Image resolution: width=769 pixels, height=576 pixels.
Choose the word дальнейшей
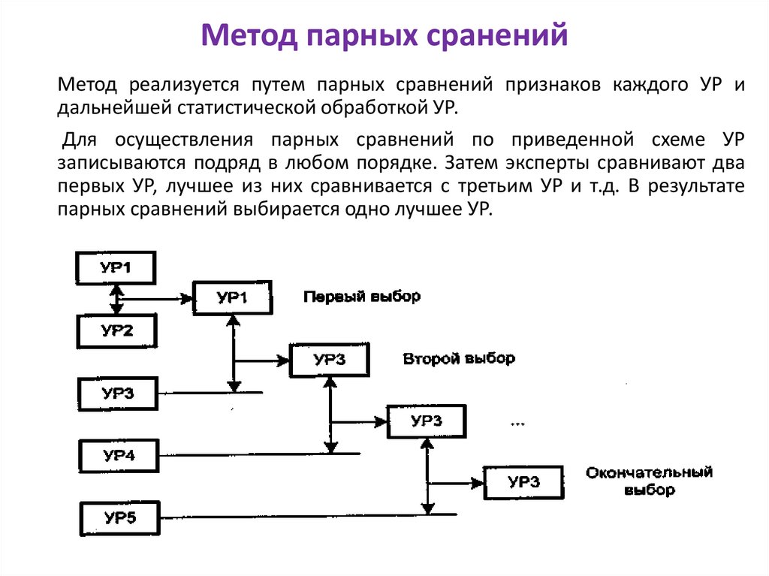coord(113,107)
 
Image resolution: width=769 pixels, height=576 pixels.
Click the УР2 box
coord(116,330)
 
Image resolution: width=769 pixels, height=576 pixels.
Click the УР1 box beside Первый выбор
coord(232,298)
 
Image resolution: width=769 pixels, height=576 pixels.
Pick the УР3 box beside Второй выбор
coord(330,360)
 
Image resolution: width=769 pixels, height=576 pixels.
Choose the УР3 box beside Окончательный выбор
coord(523,482)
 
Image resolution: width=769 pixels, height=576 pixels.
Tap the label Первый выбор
coord(362,297)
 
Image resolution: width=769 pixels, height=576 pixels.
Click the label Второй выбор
coord(459,358)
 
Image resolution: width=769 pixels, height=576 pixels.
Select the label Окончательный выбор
coord(649,481)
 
